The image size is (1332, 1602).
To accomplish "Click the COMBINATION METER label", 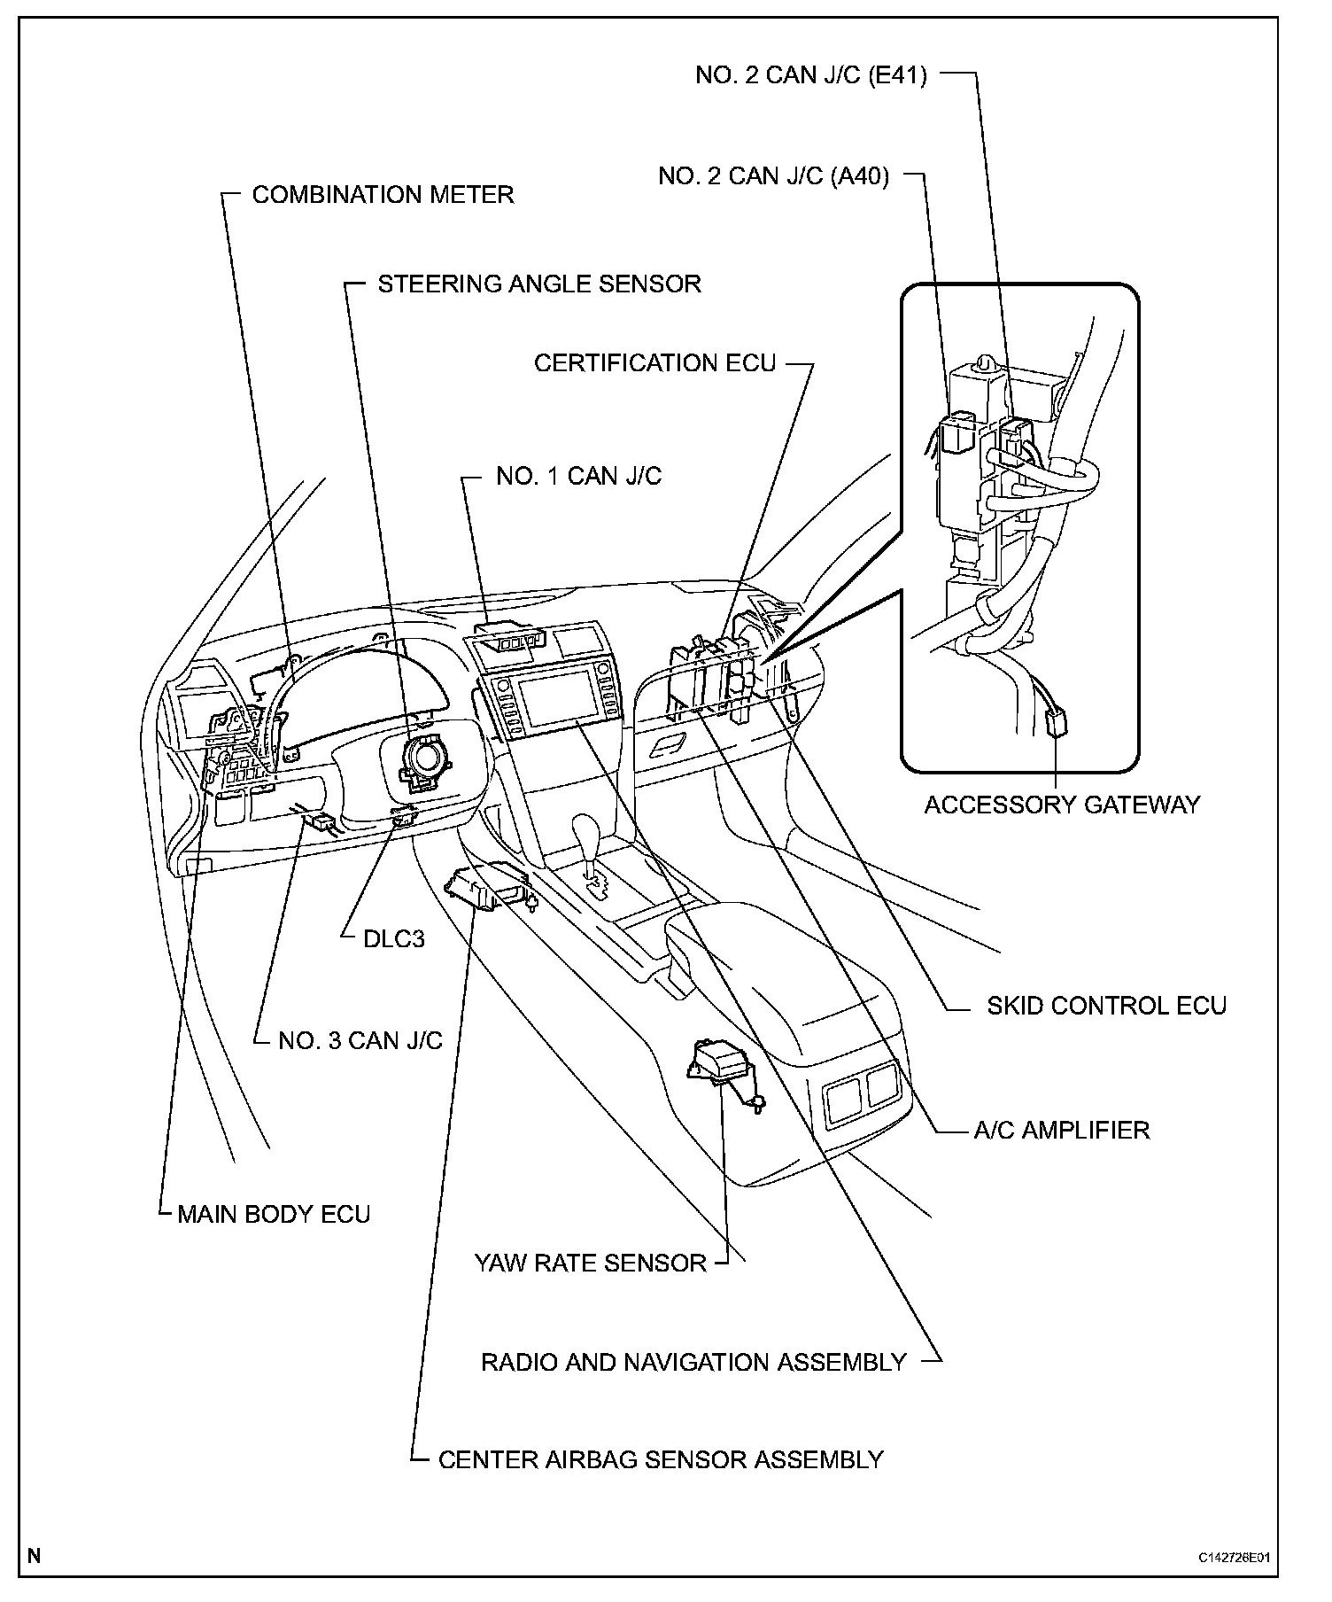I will pos(383,195).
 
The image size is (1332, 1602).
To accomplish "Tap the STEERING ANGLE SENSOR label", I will pos(539,284).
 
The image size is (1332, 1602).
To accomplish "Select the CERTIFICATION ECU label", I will pos(654,363).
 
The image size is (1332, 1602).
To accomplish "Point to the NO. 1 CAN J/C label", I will pos(578,477).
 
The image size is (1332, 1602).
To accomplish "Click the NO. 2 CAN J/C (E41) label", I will pos(811,75).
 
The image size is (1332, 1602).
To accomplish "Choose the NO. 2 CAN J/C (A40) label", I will pos(773,176).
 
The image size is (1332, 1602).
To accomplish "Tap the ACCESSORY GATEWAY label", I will pos(1062,805).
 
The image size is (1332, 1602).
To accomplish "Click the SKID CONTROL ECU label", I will pos(1106,1006).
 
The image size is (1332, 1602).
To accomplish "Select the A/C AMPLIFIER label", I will pos(1061,1130).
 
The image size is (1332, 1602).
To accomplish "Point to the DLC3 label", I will pos(394,938).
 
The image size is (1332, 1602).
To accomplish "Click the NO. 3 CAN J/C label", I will pos(360,1040).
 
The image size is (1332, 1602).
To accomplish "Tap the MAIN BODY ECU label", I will pos(274,1214).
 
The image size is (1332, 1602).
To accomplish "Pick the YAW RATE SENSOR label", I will pos(591,1263).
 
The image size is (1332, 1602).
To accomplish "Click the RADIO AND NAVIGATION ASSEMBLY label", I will pos(693,1362).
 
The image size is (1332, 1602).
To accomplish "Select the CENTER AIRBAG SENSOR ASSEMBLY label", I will pos(661,1459).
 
